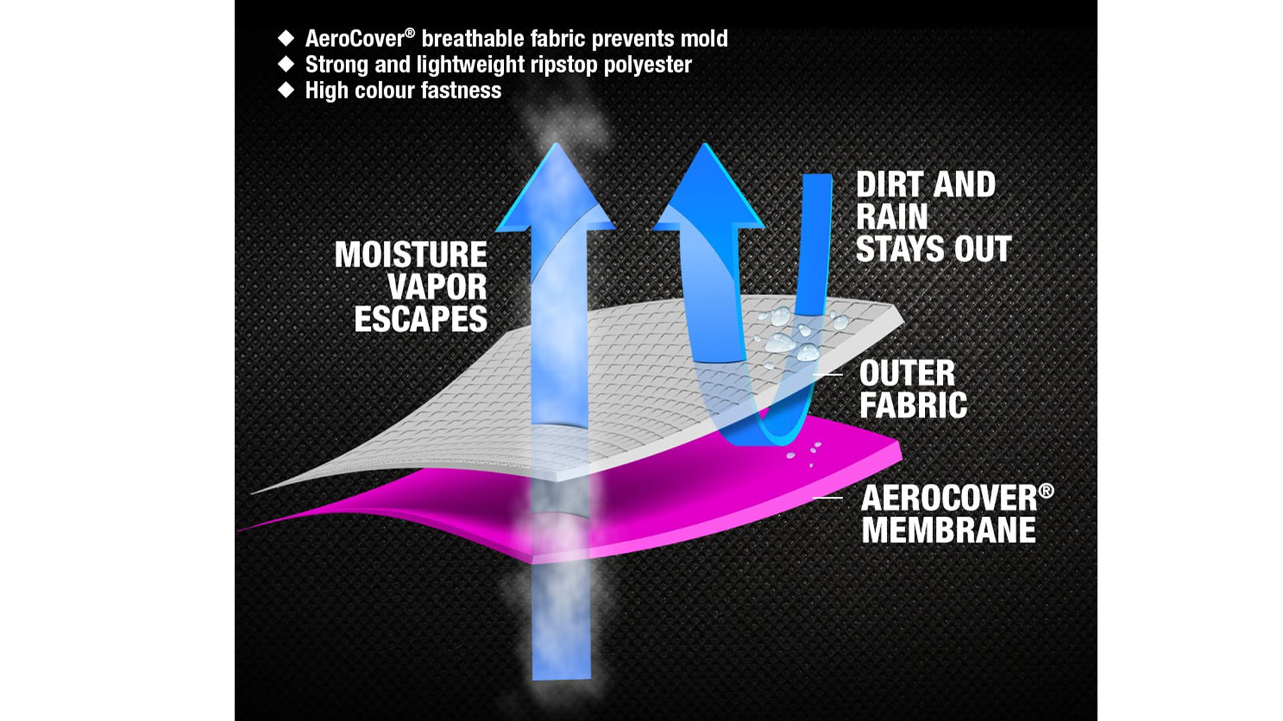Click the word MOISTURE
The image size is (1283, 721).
411,255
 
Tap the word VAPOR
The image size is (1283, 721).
438,287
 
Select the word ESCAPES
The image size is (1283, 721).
421,319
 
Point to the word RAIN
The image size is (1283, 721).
892,217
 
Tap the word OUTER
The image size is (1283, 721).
907,373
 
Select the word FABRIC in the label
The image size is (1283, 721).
913,405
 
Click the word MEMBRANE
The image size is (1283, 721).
949,530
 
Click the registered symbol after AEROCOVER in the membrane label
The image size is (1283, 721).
1047,491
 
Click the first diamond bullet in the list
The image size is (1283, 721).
286,38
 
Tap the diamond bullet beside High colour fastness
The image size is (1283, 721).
286,90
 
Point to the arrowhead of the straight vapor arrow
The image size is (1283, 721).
555,187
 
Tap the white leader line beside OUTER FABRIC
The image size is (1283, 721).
828,375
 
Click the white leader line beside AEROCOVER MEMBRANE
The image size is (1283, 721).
828,498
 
